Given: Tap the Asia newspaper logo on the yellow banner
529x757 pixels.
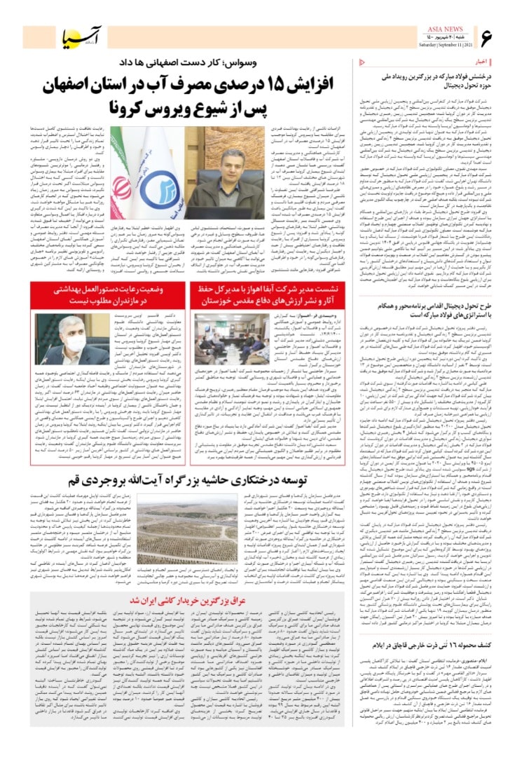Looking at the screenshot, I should tap(75, 37).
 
